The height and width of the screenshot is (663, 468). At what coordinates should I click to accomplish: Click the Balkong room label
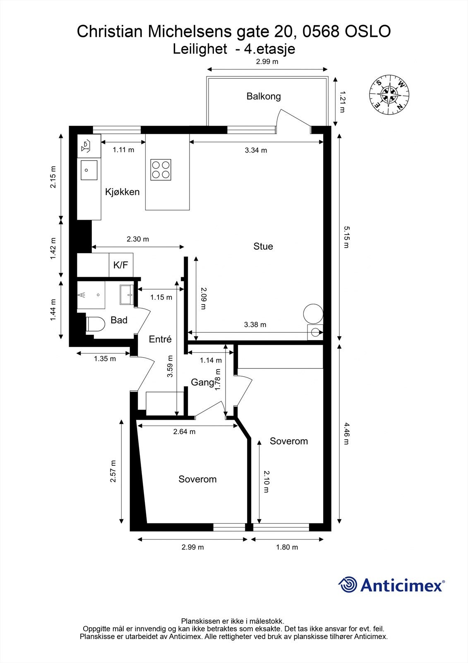264,97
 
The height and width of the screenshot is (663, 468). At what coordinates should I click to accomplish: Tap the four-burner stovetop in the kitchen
161,170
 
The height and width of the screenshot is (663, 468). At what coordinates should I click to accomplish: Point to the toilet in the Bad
96,324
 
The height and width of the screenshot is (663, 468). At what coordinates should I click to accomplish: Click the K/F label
121,265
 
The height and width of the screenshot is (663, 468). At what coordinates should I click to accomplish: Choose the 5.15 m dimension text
346,237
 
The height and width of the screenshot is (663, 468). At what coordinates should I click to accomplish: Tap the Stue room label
263,246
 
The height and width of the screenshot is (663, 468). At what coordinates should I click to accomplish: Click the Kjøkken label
122,192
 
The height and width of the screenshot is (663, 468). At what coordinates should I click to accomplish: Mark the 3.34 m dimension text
256,150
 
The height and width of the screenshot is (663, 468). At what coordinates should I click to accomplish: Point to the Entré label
160,339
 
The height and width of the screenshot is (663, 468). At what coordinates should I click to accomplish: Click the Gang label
202,382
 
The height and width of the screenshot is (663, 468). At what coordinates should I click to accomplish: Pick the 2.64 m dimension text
184,431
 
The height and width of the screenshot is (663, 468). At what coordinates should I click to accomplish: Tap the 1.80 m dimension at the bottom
287,547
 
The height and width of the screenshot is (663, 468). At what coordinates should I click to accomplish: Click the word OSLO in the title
368,31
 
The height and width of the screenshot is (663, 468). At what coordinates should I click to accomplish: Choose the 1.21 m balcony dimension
342,102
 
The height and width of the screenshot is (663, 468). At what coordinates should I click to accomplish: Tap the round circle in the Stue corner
313,314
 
